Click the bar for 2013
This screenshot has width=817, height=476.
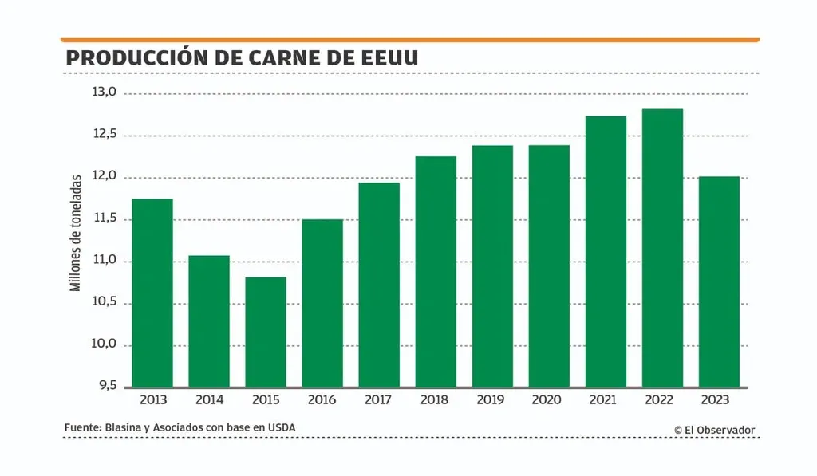152,293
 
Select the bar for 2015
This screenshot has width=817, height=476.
266,332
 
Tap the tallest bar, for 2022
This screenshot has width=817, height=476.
662,248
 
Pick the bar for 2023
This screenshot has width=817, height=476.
719,281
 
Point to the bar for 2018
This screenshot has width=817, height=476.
436,272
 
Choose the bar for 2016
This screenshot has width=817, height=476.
322,303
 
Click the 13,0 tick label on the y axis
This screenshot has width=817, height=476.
105,92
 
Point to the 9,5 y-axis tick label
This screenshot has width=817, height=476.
106,387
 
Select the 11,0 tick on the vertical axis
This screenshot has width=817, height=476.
105,261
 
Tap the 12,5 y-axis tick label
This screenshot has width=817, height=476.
105,135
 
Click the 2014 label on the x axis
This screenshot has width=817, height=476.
209,400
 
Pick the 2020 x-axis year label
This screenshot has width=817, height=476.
549,400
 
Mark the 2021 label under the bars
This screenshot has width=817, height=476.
606,400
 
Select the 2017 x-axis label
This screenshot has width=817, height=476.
379,400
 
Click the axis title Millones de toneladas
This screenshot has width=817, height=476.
76,232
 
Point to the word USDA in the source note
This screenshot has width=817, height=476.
281,428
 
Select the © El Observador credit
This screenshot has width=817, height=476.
714,430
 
